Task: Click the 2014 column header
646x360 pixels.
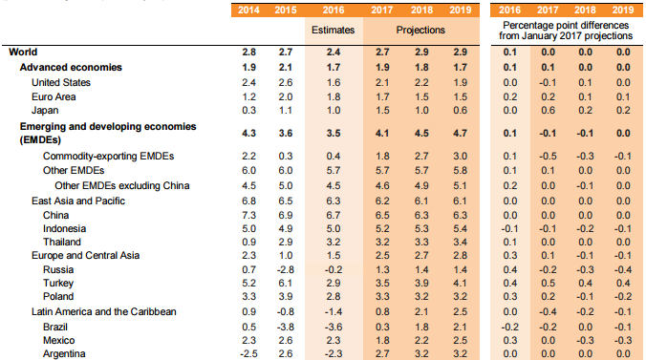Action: click(248, 11)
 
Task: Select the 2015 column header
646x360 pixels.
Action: click(283, 11)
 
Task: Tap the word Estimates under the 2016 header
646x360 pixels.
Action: click(334, 31)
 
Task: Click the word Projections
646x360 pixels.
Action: click(422, 31)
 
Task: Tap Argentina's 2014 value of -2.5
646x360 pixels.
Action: click(248, 353)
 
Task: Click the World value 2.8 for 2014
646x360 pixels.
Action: click(248, 52)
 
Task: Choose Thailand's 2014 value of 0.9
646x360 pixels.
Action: click(248, 244)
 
